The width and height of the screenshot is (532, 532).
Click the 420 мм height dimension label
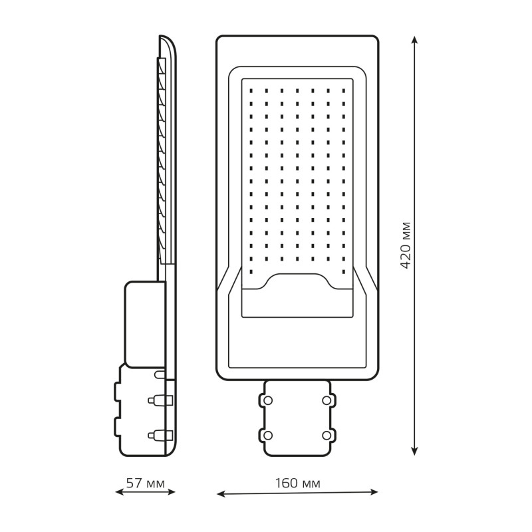[x=406, y=245]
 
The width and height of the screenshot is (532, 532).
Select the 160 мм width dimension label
[x=297, y=483]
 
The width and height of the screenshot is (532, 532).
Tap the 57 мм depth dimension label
[x=146, y=483]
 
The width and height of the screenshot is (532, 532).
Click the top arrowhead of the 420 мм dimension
[x=414, y=39]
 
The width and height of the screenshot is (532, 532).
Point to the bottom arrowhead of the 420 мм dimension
[x=414, y=451]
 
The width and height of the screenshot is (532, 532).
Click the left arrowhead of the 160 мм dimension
[x=221, y=494]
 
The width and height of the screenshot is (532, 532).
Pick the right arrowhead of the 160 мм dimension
[x=374, y=491]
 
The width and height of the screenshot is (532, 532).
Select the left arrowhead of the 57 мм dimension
[x=120, y=492]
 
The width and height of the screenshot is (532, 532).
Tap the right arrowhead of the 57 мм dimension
[x=171, y=491]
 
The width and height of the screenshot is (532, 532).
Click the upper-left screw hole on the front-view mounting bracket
[x=268, y=400]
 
